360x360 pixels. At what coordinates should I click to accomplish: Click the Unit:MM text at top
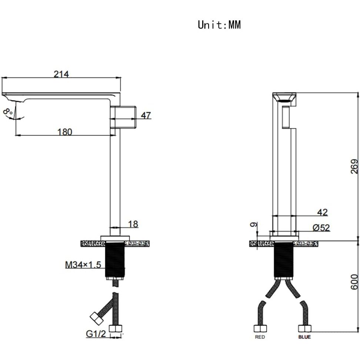[x=219, y=25]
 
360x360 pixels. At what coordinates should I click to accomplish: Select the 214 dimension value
[x=61, y=74]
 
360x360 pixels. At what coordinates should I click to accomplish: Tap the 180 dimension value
[x=65, y=131]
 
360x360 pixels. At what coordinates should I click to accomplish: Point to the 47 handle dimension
[x=146, y=116]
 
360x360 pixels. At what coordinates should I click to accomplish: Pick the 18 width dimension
[x=133, y=224]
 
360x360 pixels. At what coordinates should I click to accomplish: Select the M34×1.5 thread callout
[x=83, y=265]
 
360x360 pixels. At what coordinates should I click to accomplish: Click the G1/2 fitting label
[x=96, y=333]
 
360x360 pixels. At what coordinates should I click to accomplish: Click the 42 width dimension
[x=322, y=212]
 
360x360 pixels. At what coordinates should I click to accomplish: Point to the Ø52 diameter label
[x=321, y=228]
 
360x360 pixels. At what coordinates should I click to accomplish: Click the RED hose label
[x=260, y=337]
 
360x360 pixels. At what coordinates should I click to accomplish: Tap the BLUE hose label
[x=304, y=337]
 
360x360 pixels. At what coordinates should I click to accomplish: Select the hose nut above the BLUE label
[x=304, y=328]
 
